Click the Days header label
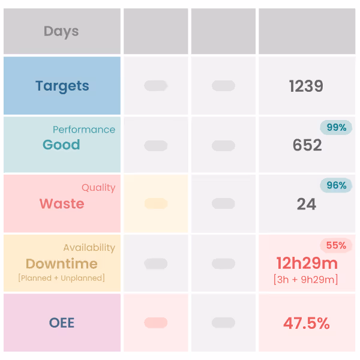point(61,31)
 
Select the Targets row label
point(62,86)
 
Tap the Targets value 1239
point(306,86)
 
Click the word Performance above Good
point(84,130)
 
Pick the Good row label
point(61,145)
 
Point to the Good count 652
point(307,145)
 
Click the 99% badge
point(336,127)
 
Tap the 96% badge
point(336,185)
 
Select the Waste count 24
point(307,204)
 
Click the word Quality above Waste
point(98,188)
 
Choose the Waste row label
point(62,203)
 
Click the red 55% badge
point(336,245)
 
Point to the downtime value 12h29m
point(307,263)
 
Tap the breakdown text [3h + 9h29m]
point(305,280)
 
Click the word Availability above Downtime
point(89,247)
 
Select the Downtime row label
point(61,263)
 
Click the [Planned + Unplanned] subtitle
point(61,278)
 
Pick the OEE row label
point(62,323)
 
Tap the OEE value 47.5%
point(307,323)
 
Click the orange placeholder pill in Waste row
point(156,204)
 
